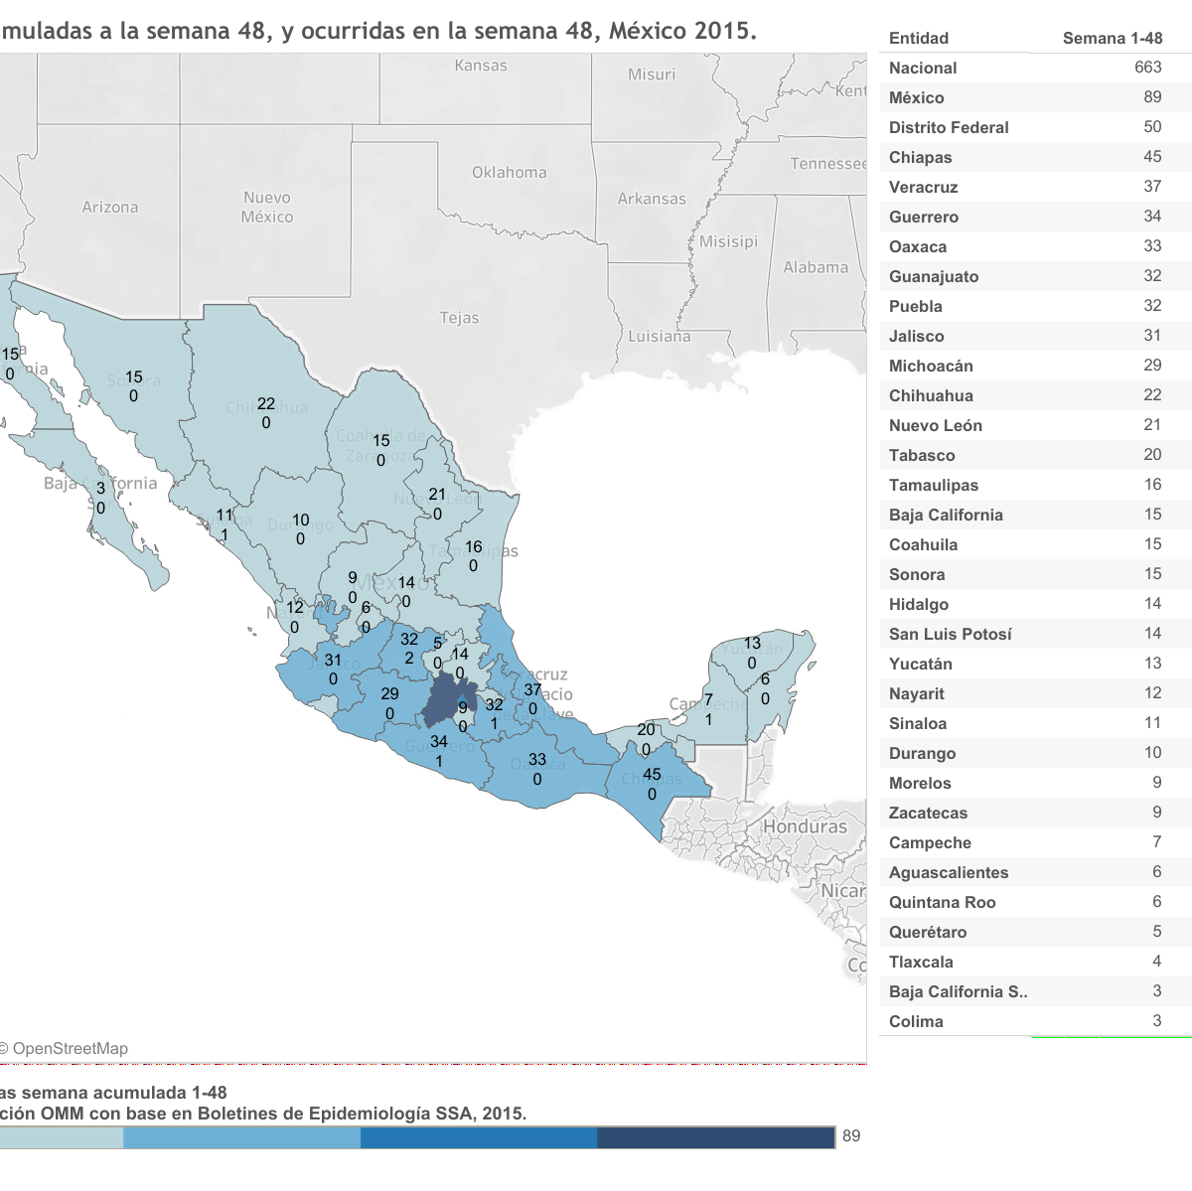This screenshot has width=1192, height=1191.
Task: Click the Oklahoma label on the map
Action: pyautogui.click(x=509, y=173)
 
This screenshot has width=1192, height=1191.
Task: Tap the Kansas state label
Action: pyautogui.click(x=481, y=66)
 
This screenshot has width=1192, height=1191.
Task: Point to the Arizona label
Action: pyautogui.click(x=110, y=208)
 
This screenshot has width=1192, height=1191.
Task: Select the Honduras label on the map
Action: pyautogui.click(x=805, y=826)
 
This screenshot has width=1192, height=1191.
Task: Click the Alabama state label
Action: pyautogui.click(x=816, y=267)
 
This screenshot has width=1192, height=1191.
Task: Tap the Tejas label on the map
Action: pyautogui.click(x=459, y=318)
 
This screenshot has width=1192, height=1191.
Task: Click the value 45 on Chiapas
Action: pyautogui.click(x=652, y=775)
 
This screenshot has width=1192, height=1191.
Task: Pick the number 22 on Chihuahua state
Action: pyautogui.click(x=266, y=403)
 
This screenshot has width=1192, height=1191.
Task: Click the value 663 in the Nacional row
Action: pyautogui.click(x=1147, y=68)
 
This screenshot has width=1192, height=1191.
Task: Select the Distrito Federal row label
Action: pyautogui.click(x=949, y=127)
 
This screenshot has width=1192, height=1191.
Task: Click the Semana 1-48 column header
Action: pyautogui.click(x=1112, y=39)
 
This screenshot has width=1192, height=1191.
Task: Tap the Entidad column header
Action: pyautogui.click(x=919, y=39)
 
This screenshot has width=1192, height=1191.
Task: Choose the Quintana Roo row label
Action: pyautogui.click(x=942, y=902)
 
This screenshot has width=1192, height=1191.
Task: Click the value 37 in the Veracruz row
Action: pyautogui.click(x=1152, y=187)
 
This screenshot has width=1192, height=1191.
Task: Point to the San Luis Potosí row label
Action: pyautogui.click(x=950, y=634)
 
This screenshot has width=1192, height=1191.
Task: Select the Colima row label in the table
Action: pyautogui.click(x=916, y=1021)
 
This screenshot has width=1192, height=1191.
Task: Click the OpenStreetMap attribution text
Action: pyautogui.click(x=68, y=1049)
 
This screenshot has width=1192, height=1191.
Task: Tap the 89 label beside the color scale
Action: pyautogui.click(x=851, y=1136)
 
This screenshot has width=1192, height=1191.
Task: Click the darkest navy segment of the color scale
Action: pyautogui.click(x=715, y=1137)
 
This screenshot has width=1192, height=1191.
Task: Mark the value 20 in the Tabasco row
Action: pyautogui.click(x=1152, y=455)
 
